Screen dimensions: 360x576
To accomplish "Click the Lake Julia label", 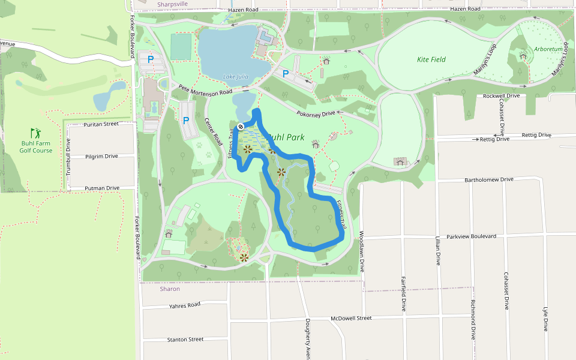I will (236, 76).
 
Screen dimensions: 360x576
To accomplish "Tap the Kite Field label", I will (431, 59).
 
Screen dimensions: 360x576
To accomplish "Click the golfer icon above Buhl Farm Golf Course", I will (36, 133).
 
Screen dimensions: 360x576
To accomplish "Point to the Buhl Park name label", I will (286, 137).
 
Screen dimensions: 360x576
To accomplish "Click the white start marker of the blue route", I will (240, 126).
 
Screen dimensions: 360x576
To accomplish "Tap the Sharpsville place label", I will (173, 4).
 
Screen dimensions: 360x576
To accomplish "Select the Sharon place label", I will (170, 289).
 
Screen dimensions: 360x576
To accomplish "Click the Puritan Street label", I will (102, 124).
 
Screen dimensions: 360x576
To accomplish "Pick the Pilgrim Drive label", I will (102, 156).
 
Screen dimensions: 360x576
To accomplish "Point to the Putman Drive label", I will (102, 188).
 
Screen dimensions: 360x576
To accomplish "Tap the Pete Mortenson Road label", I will (205, 91).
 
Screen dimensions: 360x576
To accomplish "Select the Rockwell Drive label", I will (502, 96).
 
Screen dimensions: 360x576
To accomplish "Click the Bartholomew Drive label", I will (490, 179).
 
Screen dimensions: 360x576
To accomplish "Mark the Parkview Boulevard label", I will (472, 236).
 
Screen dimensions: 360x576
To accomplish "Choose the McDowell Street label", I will (351, 318).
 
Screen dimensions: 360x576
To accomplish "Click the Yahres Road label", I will (185, 305).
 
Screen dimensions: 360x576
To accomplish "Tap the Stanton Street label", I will (185, 339).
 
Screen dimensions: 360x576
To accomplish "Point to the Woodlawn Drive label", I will (361, 251).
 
